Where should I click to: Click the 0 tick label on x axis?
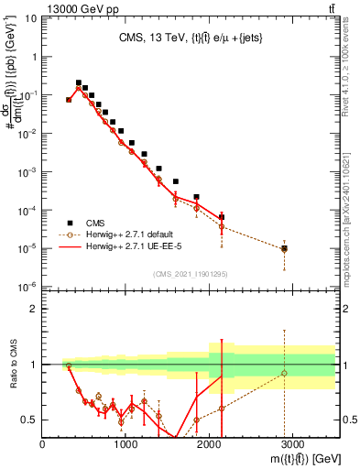click(43, 444)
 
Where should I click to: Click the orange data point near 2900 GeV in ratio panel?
click(284, 373)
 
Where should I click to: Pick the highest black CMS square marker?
click(79, 82)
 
